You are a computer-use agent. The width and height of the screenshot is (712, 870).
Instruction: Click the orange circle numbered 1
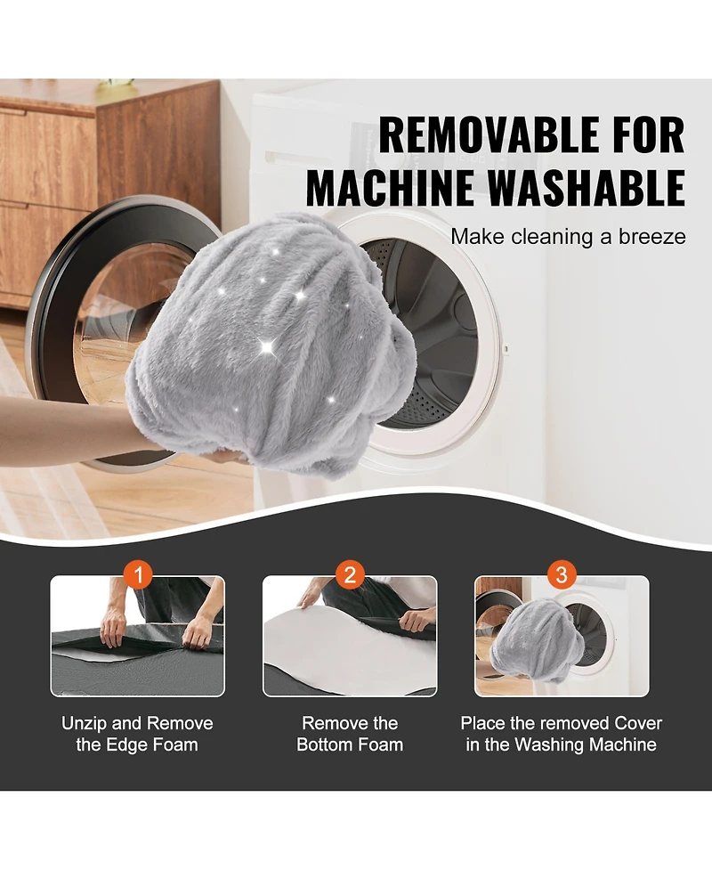[138, 575]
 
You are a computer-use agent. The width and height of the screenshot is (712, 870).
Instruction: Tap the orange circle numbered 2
[350, 575]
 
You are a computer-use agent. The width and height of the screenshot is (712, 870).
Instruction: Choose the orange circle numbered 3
[562, 575]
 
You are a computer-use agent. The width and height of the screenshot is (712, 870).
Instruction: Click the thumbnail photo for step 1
[138, 636]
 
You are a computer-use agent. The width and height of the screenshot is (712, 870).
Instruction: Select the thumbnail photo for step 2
[350, 636]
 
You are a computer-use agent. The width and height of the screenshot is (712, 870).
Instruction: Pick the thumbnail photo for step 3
[562, 636]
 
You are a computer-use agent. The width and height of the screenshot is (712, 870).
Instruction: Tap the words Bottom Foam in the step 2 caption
[350, 744]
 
